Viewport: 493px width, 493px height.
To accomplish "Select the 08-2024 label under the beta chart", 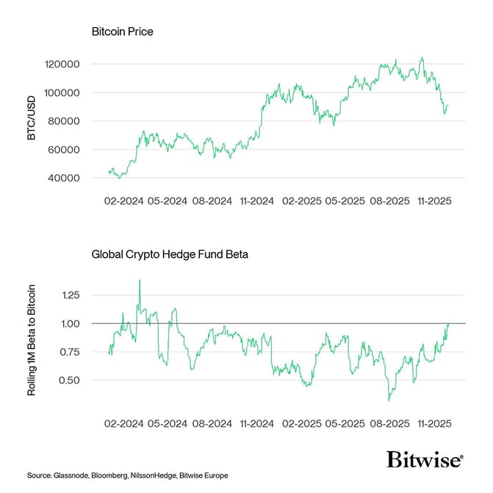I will (211, 424).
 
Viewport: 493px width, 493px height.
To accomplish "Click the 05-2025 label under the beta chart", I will (344, 424).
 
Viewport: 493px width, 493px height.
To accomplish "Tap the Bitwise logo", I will (425, 461).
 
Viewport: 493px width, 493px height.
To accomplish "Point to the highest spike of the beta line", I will (139, 280).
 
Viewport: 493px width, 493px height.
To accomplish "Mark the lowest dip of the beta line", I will (389, 400).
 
